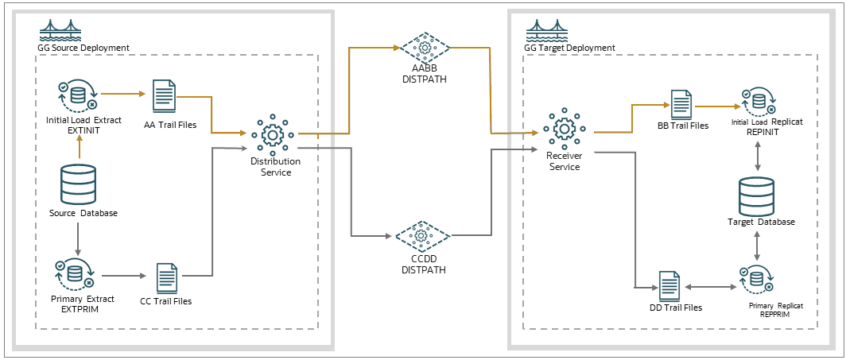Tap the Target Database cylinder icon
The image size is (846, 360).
[x=756, y=195]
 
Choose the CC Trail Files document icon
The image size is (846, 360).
[x=167, y=277]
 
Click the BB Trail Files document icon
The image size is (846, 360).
[x=681, y=105]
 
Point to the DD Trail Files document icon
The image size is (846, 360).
[x=669, y=285]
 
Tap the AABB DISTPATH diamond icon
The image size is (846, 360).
[x=425, y=48]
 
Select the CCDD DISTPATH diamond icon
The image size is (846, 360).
[x=423, y=236]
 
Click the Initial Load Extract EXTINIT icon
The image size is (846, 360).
[x=76, y=95]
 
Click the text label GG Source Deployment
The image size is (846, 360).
[x=83, y=48]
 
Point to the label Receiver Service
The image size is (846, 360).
[x=564, y=161]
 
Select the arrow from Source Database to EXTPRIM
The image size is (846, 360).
[x=78, y=238]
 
